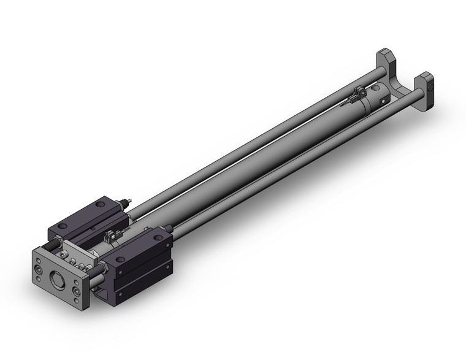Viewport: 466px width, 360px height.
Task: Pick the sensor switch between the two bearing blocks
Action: click(111, 234)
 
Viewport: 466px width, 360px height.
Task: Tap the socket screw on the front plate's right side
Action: click(77, 289)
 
